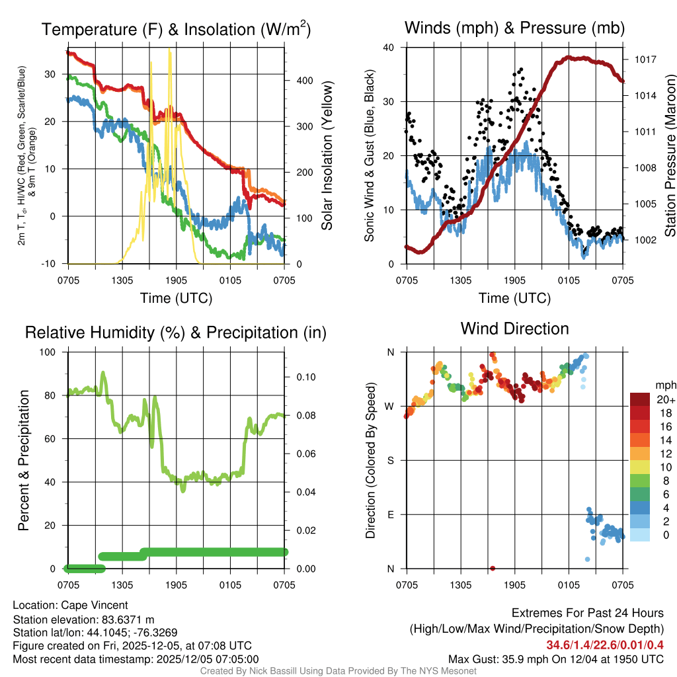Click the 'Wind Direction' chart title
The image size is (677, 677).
coord(514,329)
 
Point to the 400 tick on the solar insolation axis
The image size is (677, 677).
coord(305,81)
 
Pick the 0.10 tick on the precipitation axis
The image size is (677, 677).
coord(307,378)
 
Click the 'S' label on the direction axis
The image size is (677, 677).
coord(390,460)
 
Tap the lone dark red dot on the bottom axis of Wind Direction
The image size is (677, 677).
coord(493,568)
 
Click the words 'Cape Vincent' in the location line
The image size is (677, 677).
coord(95,605)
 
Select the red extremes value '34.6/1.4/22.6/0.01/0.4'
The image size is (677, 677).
coord(605,645)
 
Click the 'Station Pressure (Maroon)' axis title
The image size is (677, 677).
coord(669,156)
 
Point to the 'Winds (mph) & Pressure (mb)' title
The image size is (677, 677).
coord(514,28)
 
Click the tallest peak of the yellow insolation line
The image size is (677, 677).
coord(170,50)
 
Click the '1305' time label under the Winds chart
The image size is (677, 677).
coord(460,280)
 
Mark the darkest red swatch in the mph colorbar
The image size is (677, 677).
coord(640,399)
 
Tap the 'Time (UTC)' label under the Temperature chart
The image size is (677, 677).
coord(176,298)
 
